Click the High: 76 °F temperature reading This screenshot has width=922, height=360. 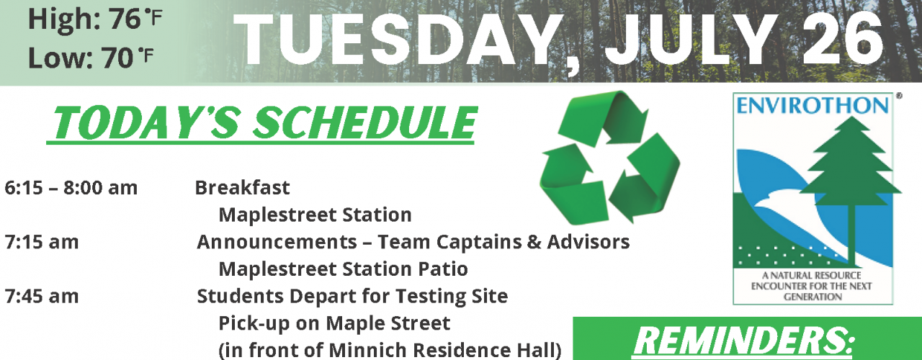click(x=95, y=19)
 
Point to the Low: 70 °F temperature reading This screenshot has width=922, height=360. click(x=91, y=58)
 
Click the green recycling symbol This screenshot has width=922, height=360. click(x=610, y=158)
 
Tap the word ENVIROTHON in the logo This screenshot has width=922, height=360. click(x=812, y=106)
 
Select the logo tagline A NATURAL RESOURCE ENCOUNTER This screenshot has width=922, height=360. click(x=812, y=286)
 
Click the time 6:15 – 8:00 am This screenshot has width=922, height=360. click(x=71, y=188)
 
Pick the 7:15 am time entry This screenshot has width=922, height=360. click(x=42, y=242)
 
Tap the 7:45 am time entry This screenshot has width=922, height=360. click(x=42, y=296)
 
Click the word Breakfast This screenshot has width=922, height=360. click(x=243, y=188)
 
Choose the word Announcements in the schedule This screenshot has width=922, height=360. click(x=277, y=242)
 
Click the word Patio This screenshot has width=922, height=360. click(x=443, y=269)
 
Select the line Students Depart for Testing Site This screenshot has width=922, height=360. click(x=352, y=296)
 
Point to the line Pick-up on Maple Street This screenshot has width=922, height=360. click(x=334, y=323)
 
